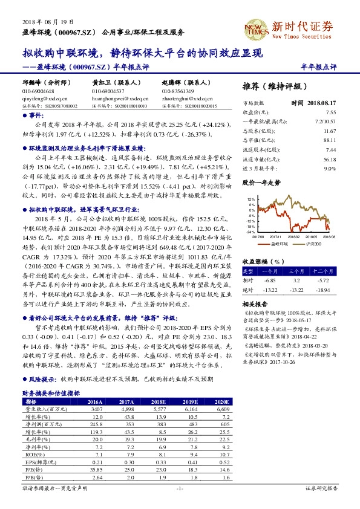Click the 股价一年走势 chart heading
point(261,182)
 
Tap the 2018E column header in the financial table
point(159,401)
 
